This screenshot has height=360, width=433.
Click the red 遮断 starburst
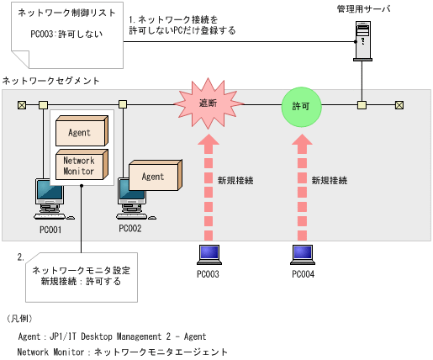207,105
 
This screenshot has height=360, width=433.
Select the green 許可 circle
300,107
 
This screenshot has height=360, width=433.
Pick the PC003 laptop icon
208,254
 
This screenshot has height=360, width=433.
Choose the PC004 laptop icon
303,254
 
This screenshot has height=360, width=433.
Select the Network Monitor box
80,166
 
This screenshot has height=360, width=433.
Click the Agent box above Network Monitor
80,131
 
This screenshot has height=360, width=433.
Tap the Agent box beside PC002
153,176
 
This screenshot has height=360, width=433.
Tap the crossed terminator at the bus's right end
399,105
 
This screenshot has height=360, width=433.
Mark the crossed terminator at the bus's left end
21,105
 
